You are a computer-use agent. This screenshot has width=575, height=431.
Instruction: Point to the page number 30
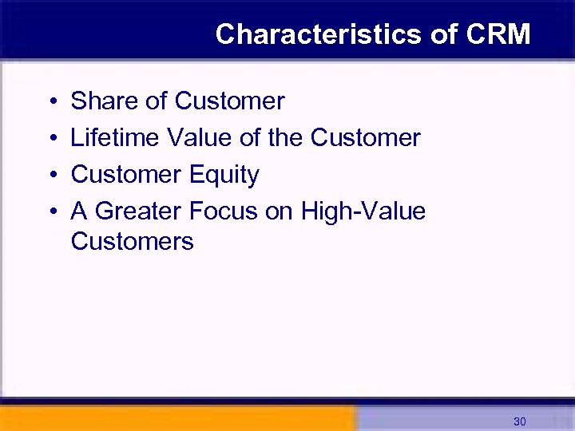[x=520, y=421]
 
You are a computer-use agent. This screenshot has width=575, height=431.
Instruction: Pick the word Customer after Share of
[x=229, y=101]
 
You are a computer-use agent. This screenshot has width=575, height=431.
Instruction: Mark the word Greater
[x=140, y=212]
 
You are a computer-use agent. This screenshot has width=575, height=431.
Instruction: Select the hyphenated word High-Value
[x=363, y=212]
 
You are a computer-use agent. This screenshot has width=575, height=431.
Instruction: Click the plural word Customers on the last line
[x=132, y=241]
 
